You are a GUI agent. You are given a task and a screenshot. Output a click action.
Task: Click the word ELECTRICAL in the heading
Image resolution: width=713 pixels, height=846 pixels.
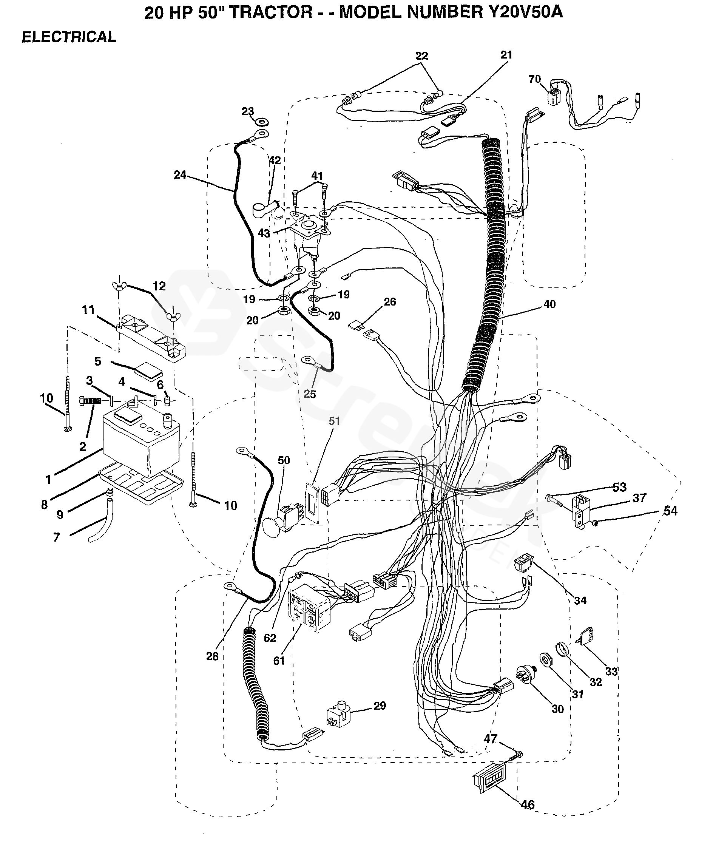[69, 37]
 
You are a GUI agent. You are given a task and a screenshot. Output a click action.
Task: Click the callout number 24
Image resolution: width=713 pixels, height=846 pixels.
[180, 174]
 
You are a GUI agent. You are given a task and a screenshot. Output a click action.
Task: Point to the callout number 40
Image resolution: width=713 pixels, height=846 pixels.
[549, 304]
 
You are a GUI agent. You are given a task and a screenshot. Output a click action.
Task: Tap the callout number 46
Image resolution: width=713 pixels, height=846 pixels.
[528, 805]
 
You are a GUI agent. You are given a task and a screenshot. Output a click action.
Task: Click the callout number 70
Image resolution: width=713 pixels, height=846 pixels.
[534, 79]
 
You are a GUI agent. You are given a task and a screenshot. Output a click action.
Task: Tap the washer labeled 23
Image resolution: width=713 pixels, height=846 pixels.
[262, 122]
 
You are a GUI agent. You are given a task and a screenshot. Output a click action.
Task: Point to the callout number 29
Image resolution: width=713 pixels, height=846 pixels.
[380, 717]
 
